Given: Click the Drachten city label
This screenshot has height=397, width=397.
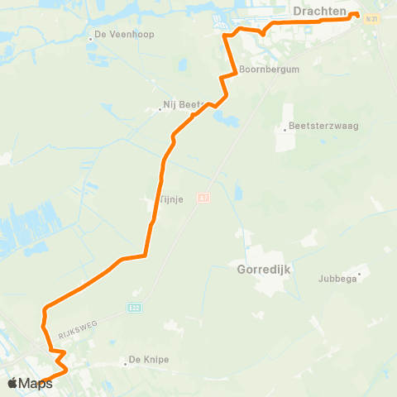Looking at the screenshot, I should point(318,10).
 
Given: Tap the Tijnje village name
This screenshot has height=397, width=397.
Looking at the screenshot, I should point(170,198).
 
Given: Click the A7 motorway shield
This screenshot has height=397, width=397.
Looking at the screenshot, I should point(203,197).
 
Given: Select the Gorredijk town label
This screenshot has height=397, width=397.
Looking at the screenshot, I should point(265,270).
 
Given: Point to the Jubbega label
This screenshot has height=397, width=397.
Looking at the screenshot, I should point(337,279).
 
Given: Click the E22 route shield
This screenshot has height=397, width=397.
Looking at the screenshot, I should point(133,308).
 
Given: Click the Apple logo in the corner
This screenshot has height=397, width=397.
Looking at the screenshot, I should point(13,382).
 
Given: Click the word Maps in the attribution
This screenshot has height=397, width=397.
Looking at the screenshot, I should point(36,383).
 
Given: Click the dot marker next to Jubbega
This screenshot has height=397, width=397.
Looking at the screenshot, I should point(359,272).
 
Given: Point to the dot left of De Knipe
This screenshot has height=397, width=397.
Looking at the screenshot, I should point(122,360).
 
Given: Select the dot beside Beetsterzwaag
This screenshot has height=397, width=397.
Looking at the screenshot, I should point(285,127).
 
